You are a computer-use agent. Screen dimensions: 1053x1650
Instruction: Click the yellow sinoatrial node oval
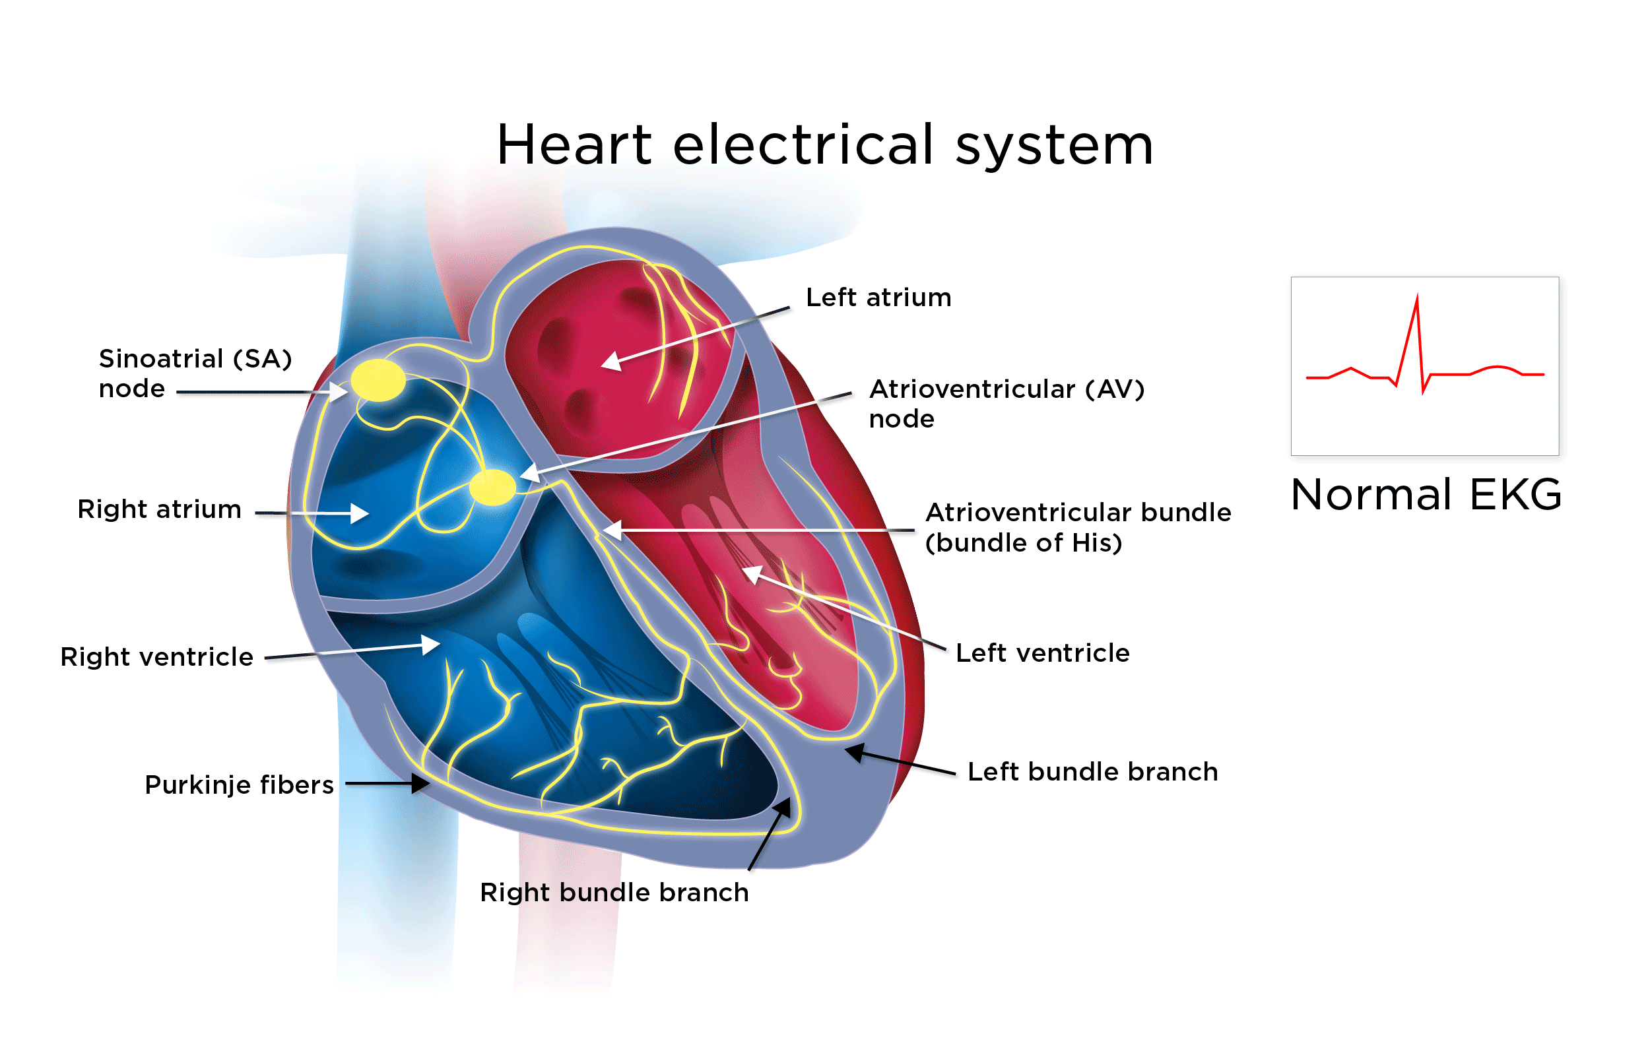378,380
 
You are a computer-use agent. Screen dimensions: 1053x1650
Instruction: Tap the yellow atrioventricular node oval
492,488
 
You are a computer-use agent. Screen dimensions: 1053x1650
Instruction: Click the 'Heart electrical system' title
825,145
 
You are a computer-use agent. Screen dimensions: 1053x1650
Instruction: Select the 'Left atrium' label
878,298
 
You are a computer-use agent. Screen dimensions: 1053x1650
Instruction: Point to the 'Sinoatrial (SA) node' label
195,373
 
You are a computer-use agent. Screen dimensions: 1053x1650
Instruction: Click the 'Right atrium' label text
159,510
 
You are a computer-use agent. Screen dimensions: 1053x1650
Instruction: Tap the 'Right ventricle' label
157,657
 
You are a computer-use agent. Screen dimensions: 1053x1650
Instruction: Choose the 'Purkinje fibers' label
239,785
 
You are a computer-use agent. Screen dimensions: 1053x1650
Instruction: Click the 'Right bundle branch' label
614,893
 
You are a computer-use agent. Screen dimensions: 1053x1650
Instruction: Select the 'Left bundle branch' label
1092,772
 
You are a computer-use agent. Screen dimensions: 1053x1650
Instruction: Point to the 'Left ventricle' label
1042,654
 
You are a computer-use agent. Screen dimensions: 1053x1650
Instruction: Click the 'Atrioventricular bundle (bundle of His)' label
1078,528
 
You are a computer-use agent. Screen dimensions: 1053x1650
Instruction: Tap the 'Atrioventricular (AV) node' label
1006,404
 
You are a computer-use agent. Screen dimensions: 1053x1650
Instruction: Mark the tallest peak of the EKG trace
1417,297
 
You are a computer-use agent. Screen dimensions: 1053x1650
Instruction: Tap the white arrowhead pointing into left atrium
610,362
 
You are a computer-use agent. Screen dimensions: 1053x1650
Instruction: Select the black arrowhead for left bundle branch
855,751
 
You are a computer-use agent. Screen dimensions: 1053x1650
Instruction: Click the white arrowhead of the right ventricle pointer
431,643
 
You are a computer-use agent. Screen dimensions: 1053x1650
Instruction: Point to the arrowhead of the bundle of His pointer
610,530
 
